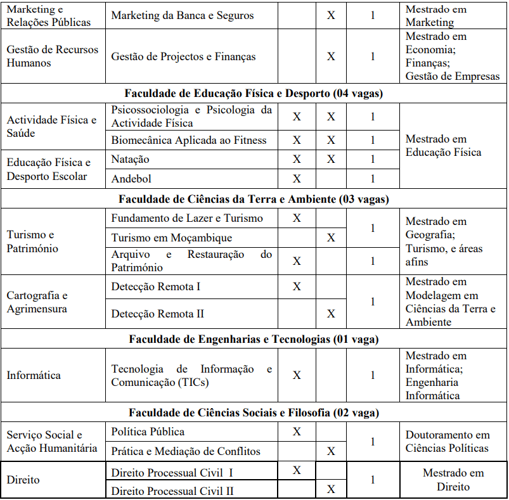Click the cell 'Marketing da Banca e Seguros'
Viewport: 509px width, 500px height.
[x=183, y=15]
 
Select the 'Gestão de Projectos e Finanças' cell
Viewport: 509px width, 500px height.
[x=184, y=56]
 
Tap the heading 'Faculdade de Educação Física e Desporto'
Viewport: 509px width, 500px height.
[x=254, y=93]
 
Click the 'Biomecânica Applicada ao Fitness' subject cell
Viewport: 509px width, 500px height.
[x=189, y=140]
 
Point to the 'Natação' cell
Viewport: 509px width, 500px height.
[x=131, y=159]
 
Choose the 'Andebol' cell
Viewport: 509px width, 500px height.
[x=131, y=179]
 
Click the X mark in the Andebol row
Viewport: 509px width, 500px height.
[x=297, y=179]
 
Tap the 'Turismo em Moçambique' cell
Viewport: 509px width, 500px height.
[x=172, y=238]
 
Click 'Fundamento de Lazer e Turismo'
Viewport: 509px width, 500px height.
[x=187, y=219]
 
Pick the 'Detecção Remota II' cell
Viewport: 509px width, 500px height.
[x=158, y=314]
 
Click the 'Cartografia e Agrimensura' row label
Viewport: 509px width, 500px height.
[x=37, y=302]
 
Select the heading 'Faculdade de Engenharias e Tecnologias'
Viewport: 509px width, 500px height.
[x=254, y=339]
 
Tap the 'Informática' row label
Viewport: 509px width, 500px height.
[x=34, y=375]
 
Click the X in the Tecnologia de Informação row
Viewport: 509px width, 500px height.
[x=297, y=375]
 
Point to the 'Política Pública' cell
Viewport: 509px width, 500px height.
[x=148, y=432]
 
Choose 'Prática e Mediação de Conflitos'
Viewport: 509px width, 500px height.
[x=186, y=452]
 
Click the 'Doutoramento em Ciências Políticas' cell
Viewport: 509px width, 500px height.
[x=448, y=442]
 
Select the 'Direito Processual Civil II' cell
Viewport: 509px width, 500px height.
[x=172, y=490]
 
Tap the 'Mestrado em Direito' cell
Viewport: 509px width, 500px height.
[x=453, y=480]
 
